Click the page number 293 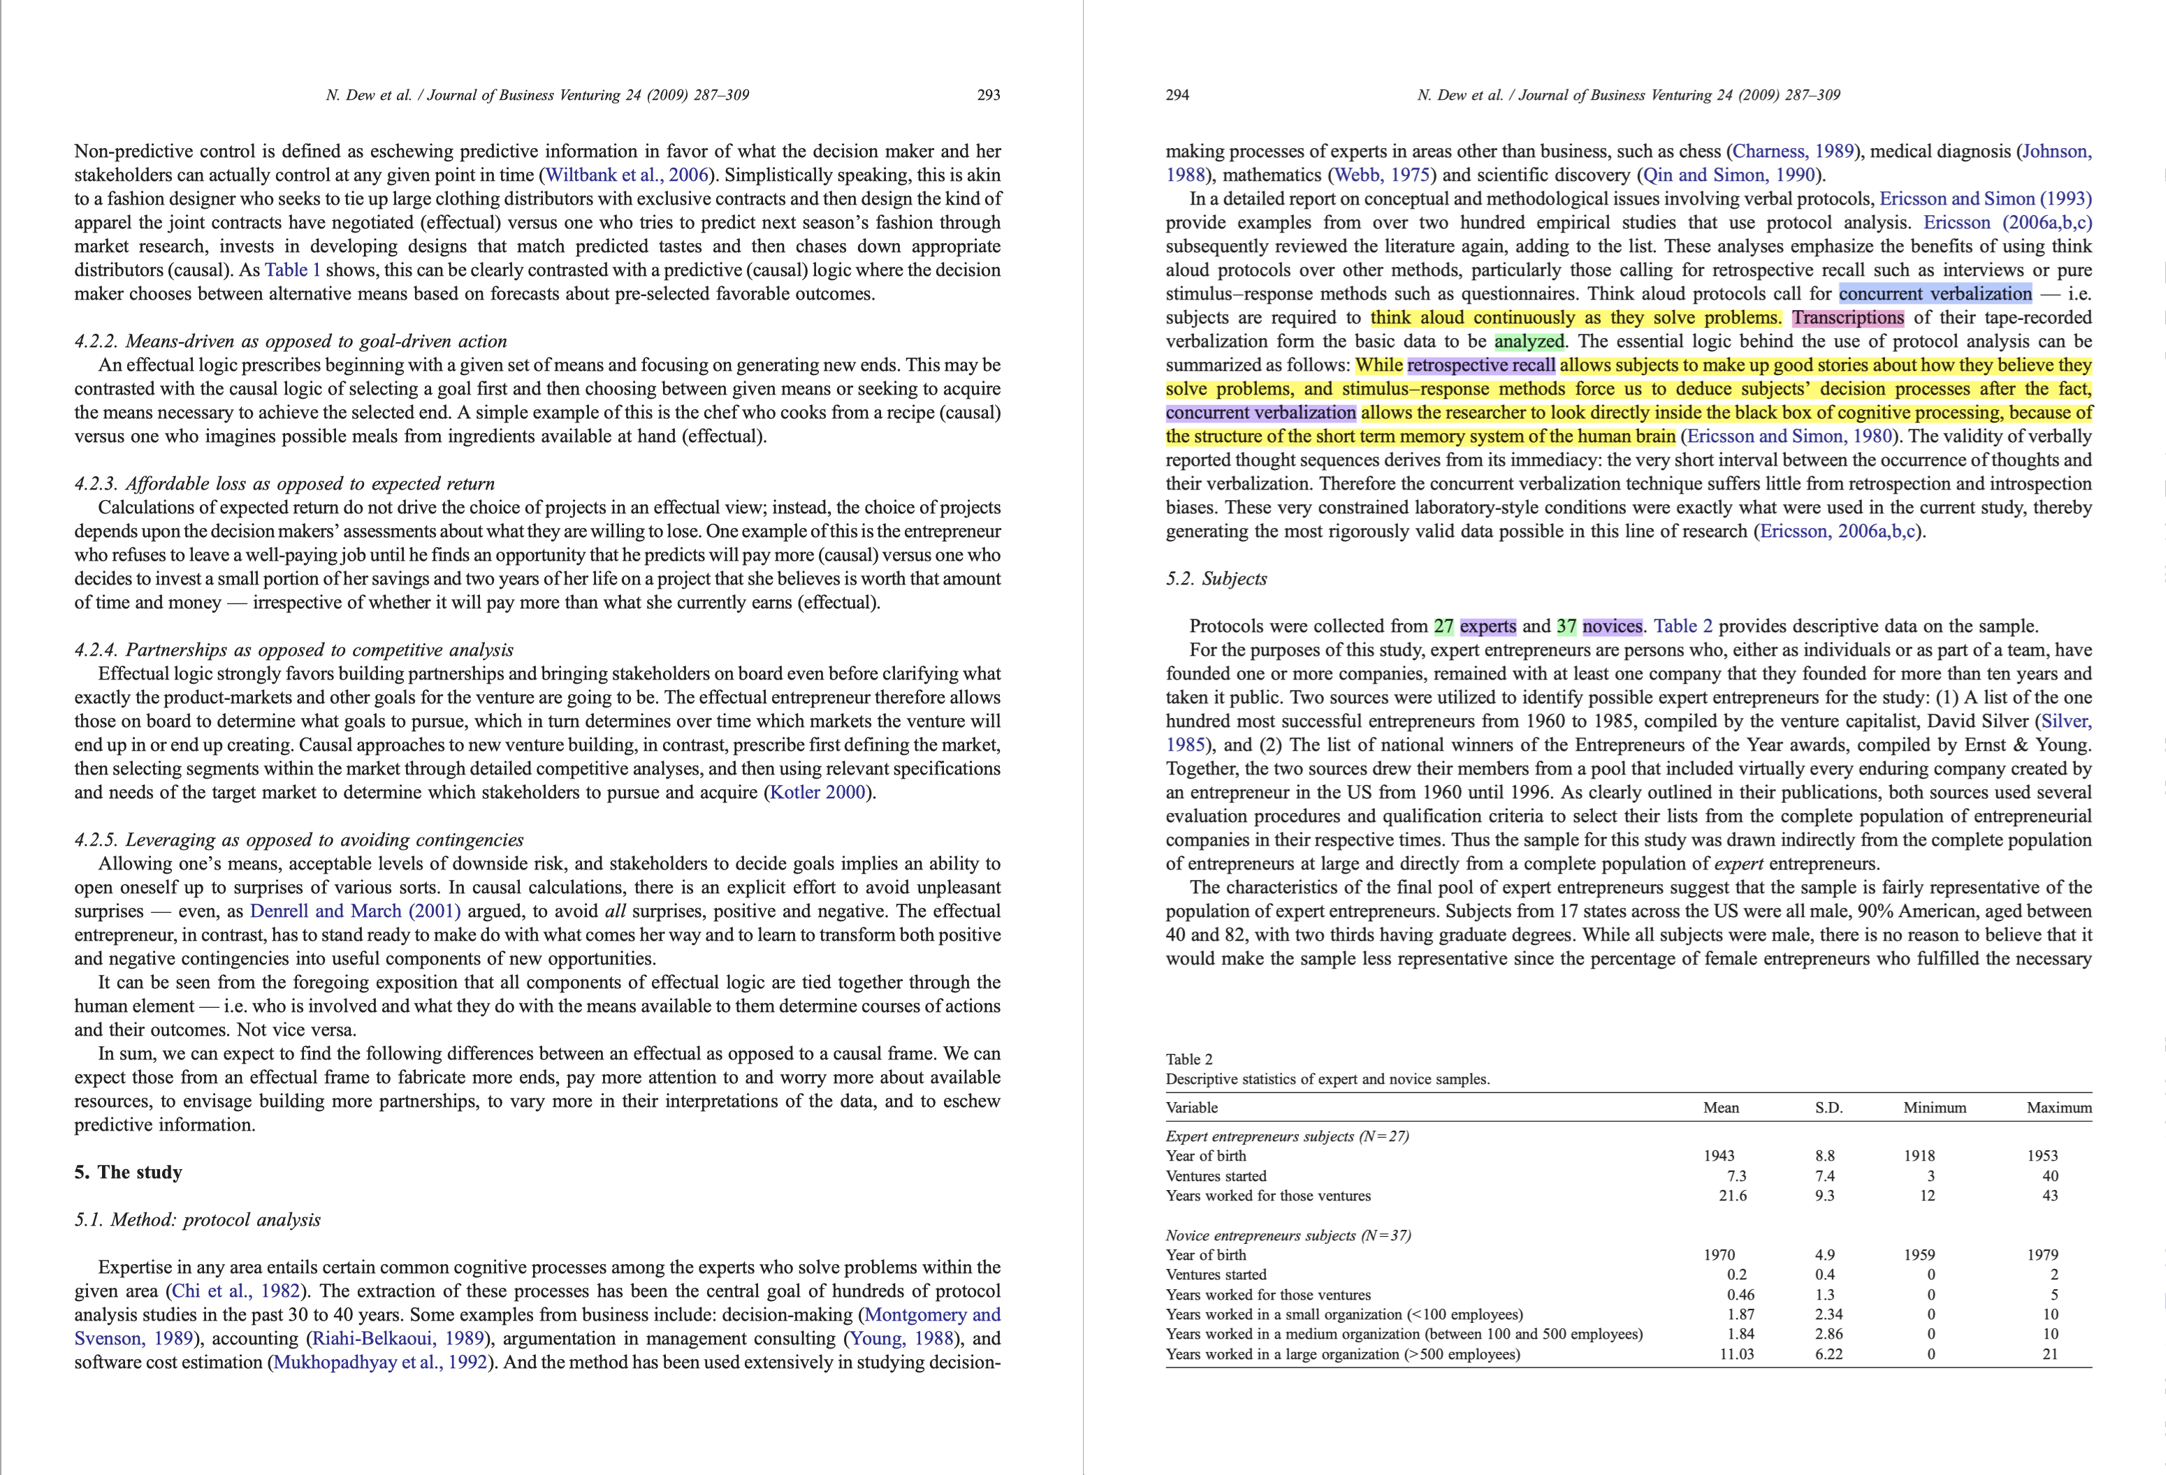[988, 95]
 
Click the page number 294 [1177, 95]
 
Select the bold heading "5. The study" [129, 1172]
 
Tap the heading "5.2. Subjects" [1216, 579]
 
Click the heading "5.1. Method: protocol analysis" [198, 1219]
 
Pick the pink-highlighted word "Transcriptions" [1847, 318]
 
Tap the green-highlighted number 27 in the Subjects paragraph [1444, 626]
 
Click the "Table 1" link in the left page [293, 270]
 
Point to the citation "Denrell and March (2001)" [355, 911]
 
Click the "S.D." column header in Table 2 [1829, 1108]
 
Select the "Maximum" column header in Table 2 [2059, 1108]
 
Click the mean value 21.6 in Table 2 [1733, 1196]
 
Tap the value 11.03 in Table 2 [1736, 1354]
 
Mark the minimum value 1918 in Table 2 [1919, 1155]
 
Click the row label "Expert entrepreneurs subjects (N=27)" [1287, 1136]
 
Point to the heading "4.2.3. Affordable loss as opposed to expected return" [284, 483]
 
